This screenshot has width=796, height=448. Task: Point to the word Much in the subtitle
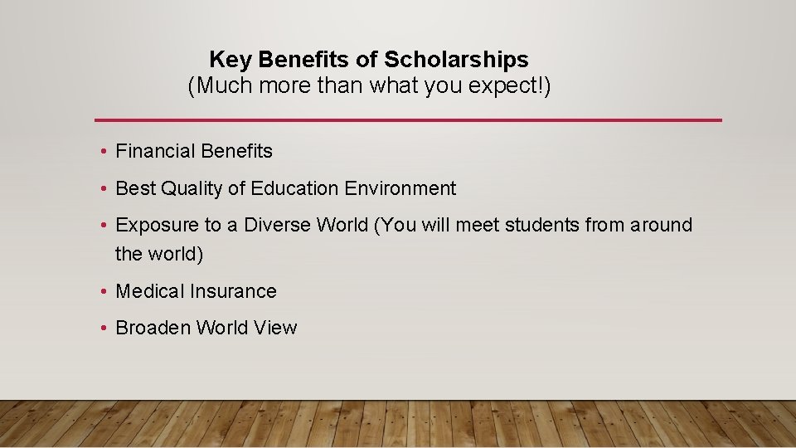click(x=218, y=85)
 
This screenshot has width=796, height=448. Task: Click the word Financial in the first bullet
click(x=155, y=151)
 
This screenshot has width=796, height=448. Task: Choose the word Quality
click(x=192, y=189)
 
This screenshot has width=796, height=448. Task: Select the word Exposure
click(x=157, y=226)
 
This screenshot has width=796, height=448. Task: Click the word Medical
click(x=150, y=291)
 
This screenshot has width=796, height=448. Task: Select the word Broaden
click(x=153, y=328)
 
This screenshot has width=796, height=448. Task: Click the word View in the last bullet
click(x=275, y=328)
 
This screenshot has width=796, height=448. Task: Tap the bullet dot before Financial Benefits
click(x=101, y=152)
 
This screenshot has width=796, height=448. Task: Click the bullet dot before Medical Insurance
click(x=101, y=292)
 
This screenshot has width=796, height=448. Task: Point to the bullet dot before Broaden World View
click(x=101, y=329)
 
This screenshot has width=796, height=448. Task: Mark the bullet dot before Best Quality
click(x=101, y=189)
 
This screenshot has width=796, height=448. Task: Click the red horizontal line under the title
click(x=408, y=120)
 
